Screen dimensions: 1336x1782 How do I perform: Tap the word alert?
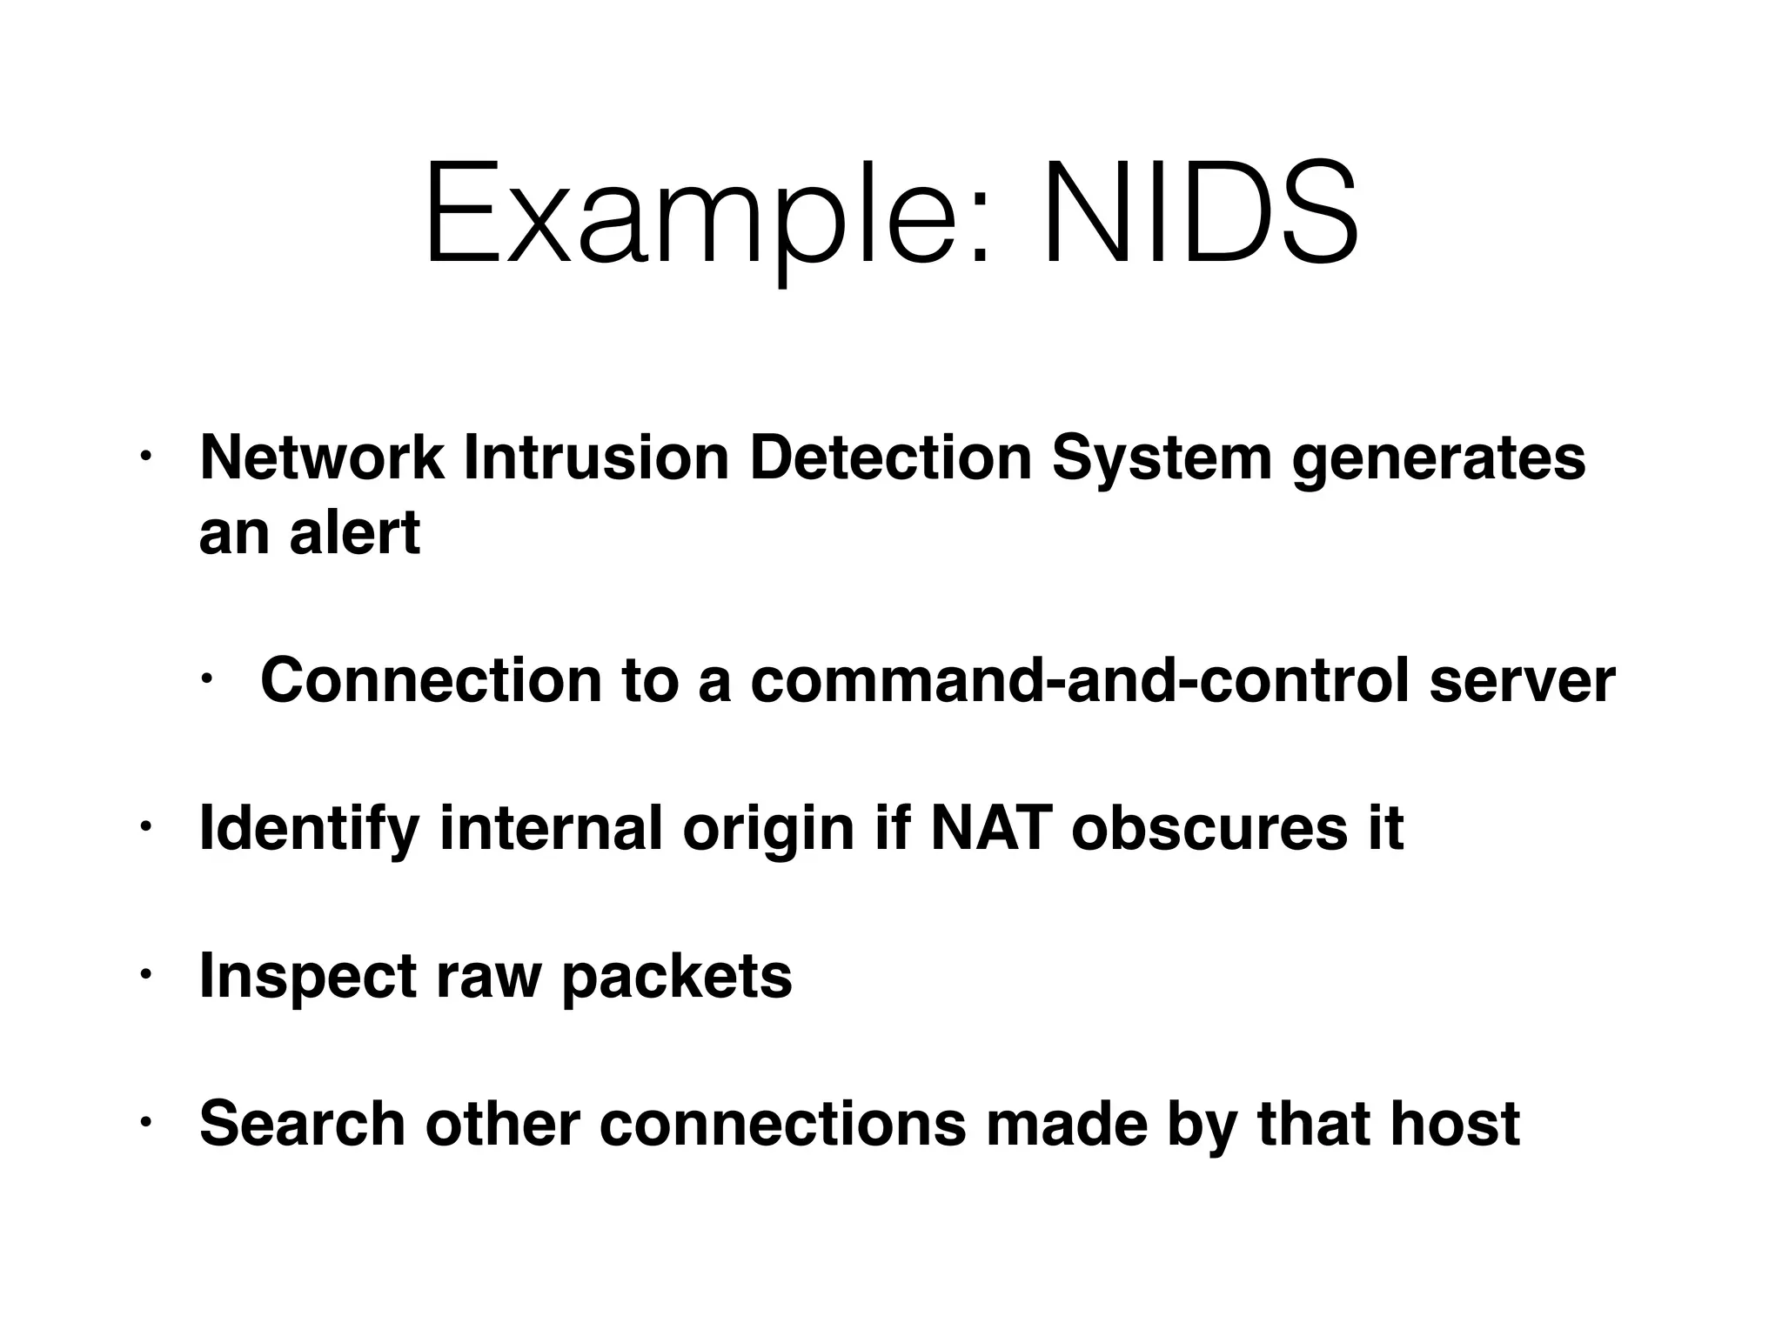click(x=354, y=532)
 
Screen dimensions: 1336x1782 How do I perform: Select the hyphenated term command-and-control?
click(x=1079, y=680)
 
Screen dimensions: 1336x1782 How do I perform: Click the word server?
click(x=1522, y=680)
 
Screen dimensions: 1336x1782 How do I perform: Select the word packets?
click(x=676, y=977)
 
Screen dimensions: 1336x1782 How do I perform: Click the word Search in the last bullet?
click(x=302, y=1124)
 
